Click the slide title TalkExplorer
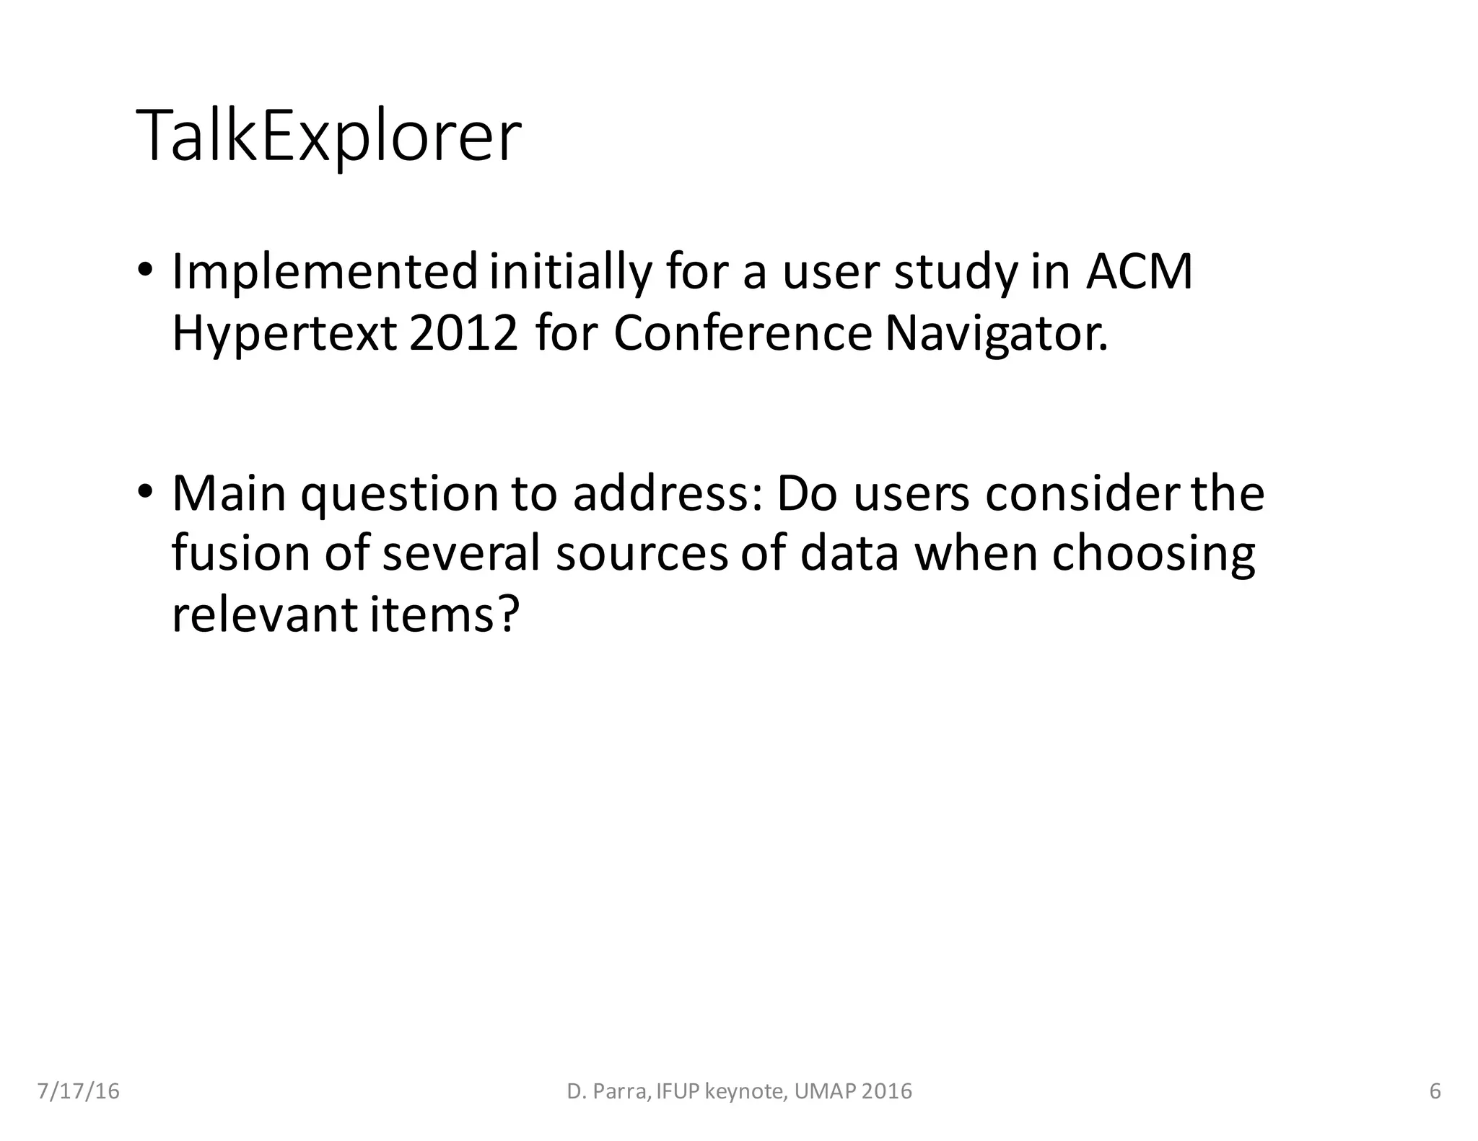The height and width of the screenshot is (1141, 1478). tap(328, 137)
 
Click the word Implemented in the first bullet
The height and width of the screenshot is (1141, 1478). tap(324, 273)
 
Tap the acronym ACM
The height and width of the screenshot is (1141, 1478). tap(1139, 273)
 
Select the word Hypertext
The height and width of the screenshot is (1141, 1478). tap(284, 335)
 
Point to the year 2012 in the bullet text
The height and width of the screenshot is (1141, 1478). tap(463, 333)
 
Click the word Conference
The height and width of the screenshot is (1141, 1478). tap(743, 333)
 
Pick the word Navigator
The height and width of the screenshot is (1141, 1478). tap(996, 335)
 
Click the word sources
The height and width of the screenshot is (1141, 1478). tap(642, 555)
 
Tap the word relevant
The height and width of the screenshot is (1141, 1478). tap(263, 614)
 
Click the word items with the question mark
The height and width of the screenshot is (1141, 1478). tap(445, 614)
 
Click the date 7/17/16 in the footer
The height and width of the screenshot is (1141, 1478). tap(78, 1091)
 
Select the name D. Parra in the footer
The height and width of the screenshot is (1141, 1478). tap(608, 1091)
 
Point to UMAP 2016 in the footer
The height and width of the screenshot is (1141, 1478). tap(852, 1091)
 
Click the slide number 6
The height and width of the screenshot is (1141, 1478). tap(1435, 1091)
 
